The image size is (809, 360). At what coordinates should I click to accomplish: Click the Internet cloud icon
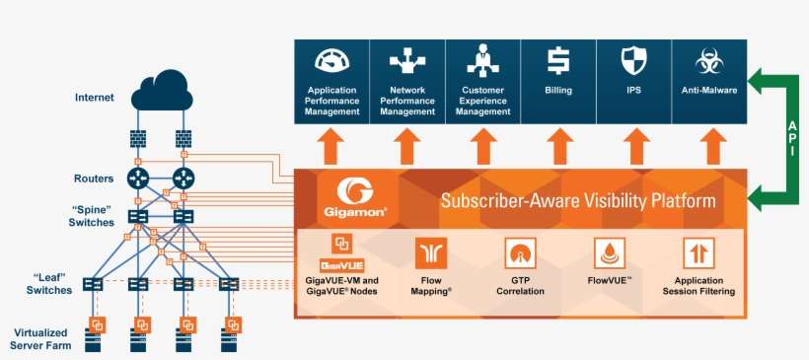(x=166, y=90)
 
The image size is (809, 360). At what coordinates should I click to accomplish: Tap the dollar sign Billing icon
(x=558, y=62)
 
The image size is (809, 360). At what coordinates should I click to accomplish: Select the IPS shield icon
(x=633, y=62)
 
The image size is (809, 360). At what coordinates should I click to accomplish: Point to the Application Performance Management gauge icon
(x=332, y=62)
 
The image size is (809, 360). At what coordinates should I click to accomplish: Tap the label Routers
(x=94, y=179)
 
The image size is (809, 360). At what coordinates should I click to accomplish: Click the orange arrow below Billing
(x=558, y=148)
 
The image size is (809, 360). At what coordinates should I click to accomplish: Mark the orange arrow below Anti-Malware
(x=707, y=148)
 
